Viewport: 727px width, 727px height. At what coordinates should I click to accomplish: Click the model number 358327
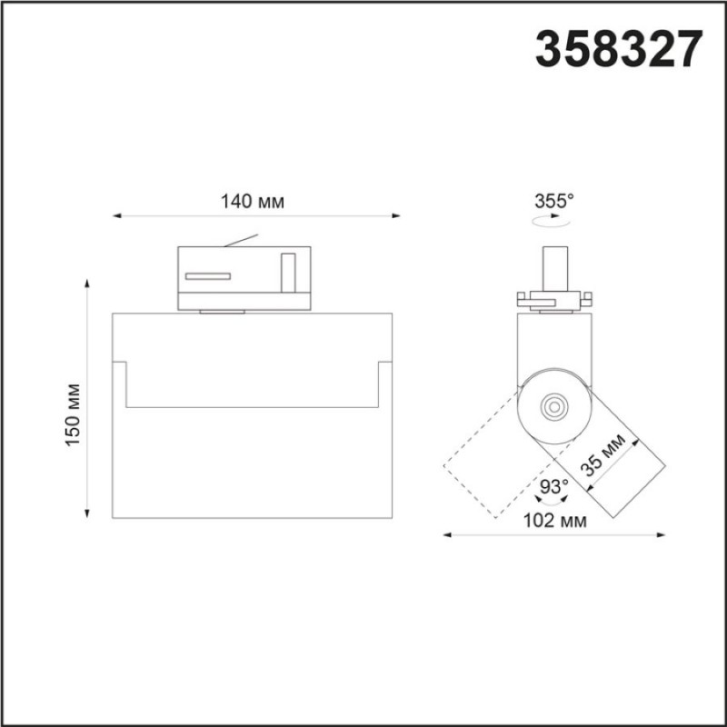pos(619,49)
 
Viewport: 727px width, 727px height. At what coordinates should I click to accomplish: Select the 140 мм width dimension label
pos(253,202)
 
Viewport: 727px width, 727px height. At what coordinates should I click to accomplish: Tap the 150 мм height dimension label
pos(73,415)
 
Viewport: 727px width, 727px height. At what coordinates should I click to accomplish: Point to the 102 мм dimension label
pos(555,521)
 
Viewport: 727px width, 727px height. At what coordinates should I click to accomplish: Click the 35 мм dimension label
pos(603,454)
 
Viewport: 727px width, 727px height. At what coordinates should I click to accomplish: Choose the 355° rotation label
pos(554,201)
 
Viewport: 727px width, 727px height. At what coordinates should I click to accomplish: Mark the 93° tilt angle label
pos(554,487)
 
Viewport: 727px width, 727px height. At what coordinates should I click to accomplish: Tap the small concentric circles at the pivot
pos(553,407)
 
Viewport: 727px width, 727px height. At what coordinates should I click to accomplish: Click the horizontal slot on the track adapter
pos(208,276)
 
